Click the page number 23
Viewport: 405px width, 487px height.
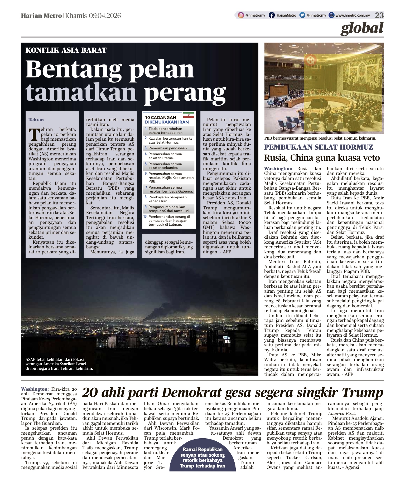click(379, 15)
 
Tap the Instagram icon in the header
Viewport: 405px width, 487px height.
click(241, 15)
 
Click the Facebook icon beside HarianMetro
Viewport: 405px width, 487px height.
click(271, 15)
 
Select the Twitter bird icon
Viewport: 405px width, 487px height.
click(302, 15)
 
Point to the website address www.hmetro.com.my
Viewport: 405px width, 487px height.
click(353, 16)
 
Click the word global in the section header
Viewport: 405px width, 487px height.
click(362, 28)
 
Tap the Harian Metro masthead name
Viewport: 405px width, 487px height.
click(41, 16)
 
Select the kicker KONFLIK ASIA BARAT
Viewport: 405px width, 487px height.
click(66, 50)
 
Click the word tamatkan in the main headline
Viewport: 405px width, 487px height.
click(81, 92)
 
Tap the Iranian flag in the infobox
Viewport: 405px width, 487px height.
click(189, 115)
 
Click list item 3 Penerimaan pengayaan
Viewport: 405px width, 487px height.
click(168, 148)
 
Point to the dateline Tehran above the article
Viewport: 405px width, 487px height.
click(36, 120)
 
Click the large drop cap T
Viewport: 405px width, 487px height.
click(34, 134)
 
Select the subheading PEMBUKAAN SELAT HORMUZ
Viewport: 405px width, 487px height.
click(319, 147)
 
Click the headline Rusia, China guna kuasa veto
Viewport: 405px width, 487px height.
click(322, 158)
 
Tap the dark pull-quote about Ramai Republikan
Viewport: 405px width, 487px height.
click(202, 458)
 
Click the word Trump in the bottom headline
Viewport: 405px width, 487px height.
click(363, 393)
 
